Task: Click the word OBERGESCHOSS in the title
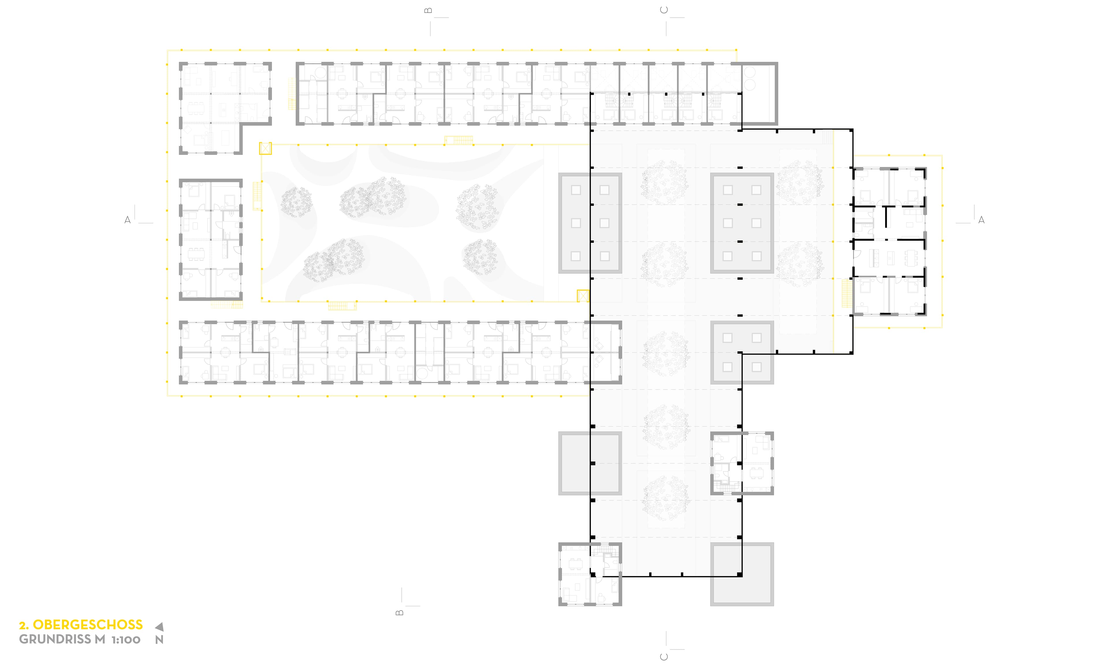pos(88,624)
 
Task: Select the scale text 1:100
pos(126,639)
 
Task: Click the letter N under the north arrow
pos(159,639)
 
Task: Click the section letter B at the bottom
pos(400,613)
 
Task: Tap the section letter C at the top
pos(664,10)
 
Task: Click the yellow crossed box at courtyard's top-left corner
pos(265,149)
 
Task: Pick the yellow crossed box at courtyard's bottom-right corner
pos(583,296)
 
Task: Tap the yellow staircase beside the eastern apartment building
pos(847,293)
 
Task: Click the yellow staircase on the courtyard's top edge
pos(459,140)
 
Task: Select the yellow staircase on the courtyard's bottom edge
pos(342,306)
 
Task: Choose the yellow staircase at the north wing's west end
pos(292,94)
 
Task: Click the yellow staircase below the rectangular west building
pos(227,305)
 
